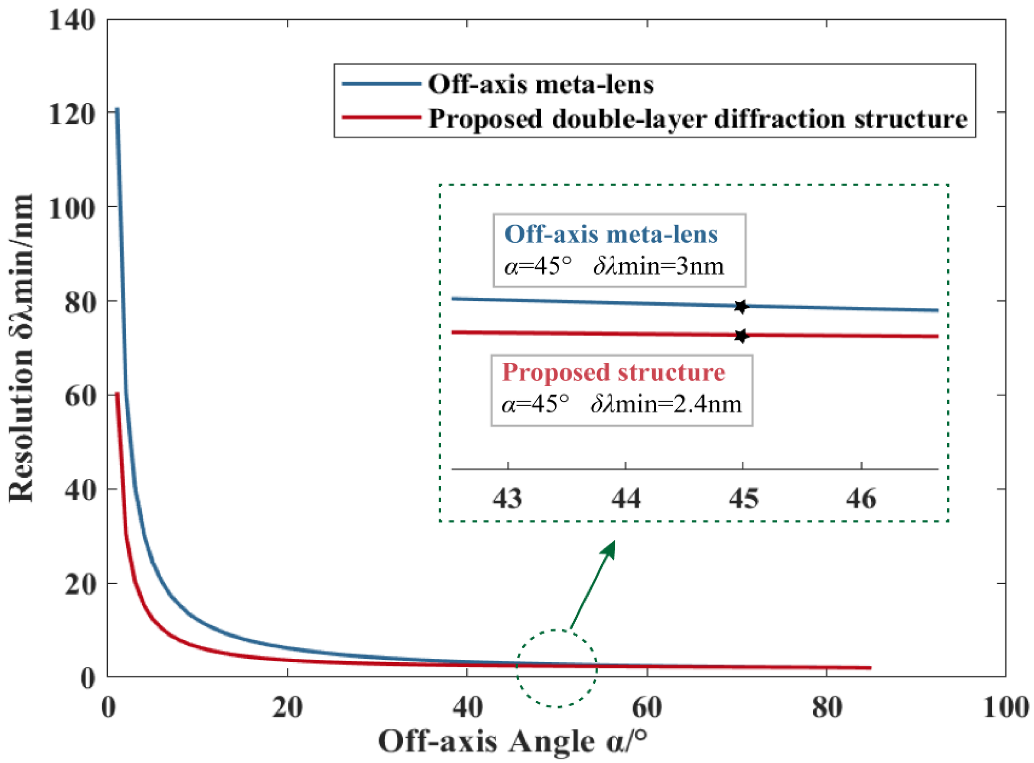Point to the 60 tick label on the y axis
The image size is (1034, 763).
click(79, 396)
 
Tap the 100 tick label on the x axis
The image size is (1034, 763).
click(1004, 707)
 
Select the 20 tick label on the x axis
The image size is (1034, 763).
click(287, 707)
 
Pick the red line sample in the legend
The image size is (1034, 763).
click(381, 118)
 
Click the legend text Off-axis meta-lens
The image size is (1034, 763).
click(540, 85)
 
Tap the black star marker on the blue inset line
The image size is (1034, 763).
click(741, 306)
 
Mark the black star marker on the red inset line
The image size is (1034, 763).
click(741, 336)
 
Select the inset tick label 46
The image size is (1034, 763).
click(861, 499)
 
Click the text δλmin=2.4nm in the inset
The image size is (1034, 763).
click(666, 405)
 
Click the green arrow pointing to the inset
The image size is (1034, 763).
click(593, 584)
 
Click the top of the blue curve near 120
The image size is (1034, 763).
click(117, 110)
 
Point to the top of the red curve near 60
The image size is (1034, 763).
click(117, 394)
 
